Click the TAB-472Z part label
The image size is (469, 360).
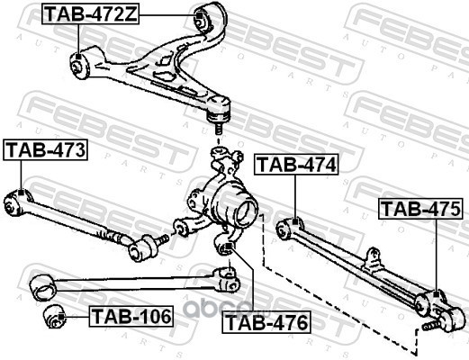point(91,14)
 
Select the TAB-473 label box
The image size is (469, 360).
point(45,149)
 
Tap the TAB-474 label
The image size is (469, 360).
point(296,165)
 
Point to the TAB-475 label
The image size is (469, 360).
point(420,209)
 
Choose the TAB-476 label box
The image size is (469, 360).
point(266,322)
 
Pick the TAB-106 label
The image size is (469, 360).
point(131,316)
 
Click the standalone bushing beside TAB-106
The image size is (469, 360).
point(54,317)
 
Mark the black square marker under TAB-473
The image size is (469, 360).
point(21,193)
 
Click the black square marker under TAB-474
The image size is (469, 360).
point(295,222)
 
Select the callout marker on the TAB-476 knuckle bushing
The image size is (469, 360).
point(229,247)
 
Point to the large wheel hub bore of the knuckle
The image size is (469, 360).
point(247,212)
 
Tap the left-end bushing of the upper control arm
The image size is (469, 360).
point(78,66)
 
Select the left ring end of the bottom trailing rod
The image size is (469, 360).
point(43,287)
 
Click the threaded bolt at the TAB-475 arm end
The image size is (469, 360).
point(430,326)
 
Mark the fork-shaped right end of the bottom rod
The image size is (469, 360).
point(227,280)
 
